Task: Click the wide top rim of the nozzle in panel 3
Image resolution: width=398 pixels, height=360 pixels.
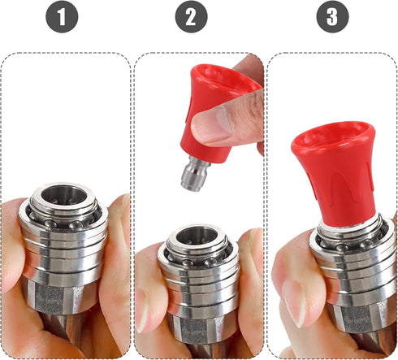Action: tap(331, 130)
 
